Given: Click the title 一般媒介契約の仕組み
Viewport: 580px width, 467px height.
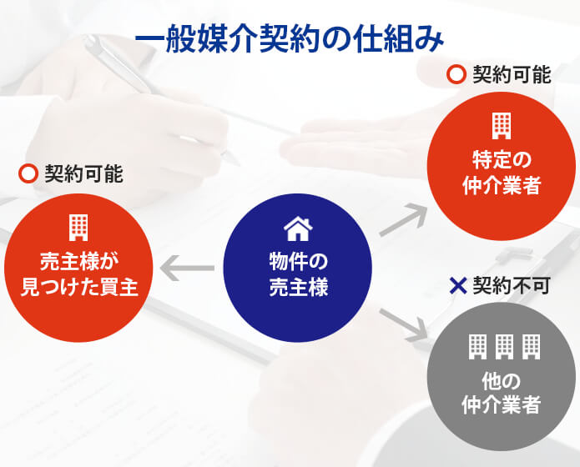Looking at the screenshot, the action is (290, 39).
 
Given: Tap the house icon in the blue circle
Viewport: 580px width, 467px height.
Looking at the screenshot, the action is (298, 229).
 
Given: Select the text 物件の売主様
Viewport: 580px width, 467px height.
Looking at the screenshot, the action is (299, 274).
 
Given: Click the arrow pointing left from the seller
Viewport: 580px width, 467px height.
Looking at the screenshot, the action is (188, 268).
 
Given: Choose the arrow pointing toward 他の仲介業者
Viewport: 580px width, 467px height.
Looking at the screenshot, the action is (404, 324).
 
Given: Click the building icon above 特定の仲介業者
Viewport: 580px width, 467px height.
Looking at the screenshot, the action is (502, 126).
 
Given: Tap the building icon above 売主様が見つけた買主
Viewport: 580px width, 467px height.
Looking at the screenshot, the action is (78, 228).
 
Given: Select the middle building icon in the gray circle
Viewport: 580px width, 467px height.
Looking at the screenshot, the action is (505, 347).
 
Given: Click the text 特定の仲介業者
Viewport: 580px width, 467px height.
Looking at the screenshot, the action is (502, 173).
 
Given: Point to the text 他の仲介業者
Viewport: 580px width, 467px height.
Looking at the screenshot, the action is (502, 393).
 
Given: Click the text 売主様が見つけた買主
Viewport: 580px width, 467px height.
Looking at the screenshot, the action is (79, 274).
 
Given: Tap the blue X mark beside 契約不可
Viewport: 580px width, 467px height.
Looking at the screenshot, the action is (458, 286).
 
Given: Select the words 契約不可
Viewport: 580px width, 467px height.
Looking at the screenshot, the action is (512, 286).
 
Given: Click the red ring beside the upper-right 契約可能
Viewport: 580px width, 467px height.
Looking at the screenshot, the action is (456, 74).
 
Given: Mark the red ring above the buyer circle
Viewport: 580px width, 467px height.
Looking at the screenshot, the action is (28, 173).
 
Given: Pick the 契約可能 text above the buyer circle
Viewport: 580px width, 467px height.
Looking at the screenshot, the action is (83, 173).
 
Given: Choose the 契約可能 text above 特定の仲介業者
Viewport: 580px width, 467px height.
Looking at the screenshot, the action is (512, 74).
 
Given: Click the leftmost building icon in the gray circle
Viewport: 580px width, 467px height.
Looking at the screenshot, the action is (478, 347).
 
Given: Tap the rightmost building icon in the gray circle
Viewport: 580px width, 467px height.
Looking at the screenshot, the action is (532, 347).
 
